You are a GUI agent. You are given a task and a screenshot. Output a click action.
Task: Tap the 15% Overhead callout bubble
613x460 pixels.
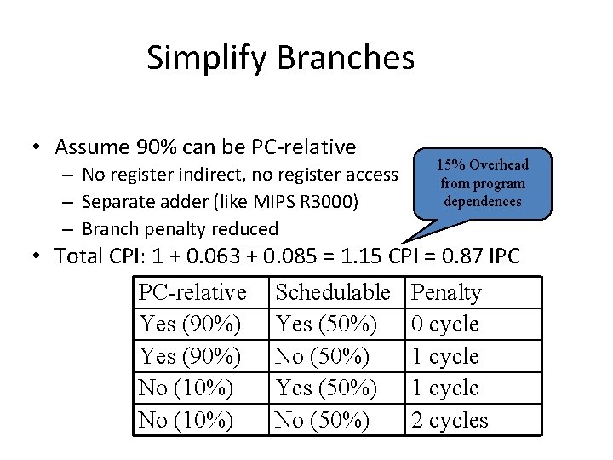(x=482, y=183)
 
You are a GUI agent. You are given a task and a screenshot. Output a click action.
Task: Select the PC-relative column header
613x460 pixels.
(x=192, y=292)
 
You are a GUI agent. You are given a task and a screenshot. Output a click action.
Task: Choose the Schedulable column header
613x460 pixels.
(x=332, y=292)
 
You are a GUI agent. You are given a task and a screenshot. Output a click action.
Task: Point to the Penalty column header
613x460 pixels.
(x=446, y=292)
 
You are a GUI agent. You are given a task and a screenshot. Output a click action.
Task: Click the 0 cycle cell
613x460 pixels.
(x=444, y=325)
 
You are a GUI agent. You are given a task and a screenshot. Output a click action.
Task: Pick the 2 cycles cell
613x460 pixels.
(x=450, y=420)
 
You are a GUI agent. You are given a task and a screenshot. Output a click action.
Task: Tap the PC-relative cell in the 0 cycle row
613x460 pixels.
(x=190, y=325)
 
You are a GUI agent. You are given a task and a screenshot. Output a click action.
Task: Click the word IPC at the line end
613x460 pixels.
(x=513, y=255)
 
